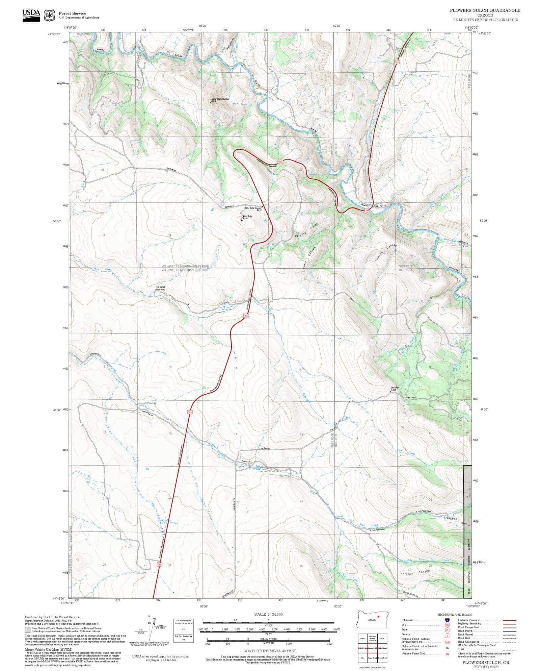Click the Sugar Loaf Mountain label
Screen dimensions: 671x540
220,99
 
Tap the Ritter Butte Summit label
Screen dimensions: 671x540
253,208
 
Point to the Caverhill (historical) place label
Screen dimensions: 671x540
160,288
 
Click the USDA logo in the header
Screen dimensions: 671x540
31,15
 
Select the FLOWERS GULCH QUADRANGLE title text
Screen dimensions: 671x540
485,10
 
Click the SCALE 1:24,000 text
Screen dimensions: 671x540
268,614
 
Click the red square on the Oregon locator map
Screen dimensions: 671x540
379,617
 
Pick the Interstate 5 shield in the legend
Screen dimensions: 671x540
447,620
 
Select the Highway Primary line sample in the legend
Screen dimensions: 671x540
509,620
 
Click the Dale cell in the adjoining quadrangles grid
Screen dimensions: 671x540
382,639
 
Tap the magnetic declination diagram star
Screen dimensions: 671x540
149,616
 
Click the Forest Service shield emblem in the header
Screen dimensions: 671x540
50,15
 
